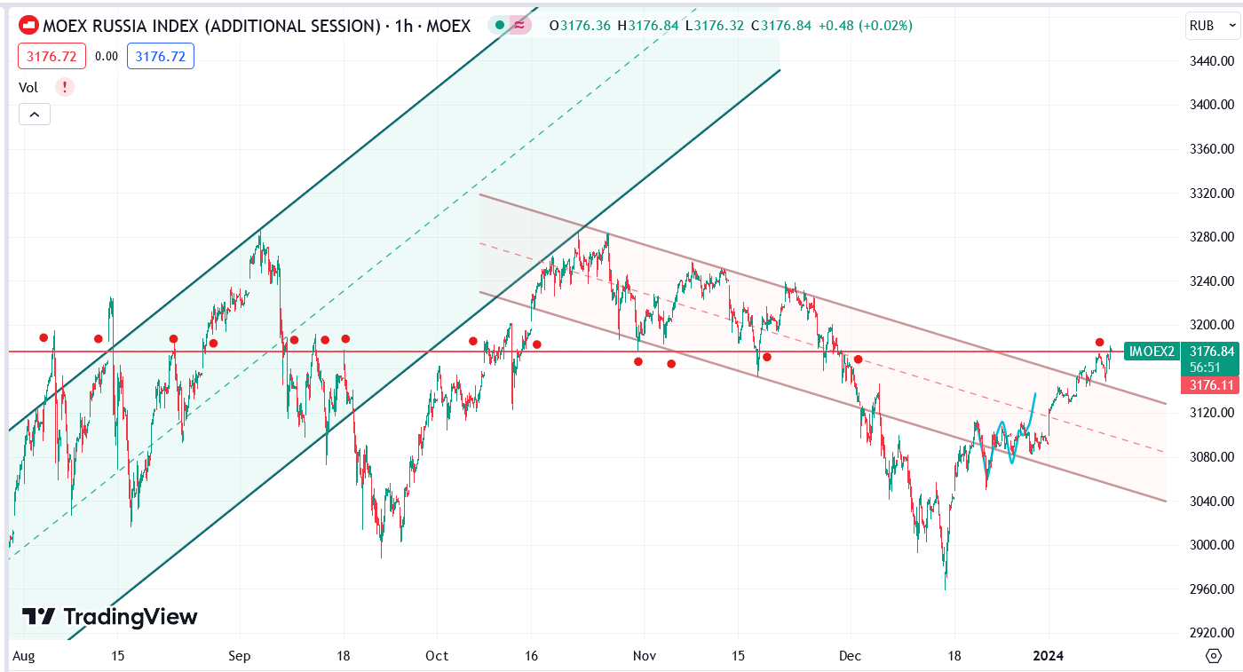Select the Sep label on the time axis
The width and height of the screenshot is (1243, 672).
[x=239, y=656]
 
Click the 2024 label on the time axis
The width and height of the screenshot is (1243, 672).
[x=1049, y=656]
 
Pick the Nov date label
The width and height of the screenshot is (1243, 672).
[x=645, y=656]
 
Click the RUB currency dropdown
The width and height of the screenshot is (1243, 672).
[x=1211, y=26]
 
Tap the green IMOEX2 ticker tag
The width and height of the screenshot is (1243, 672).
[x=1152, y=352]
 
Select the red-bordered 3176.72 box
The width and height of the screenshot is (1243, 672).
[x=51, y=57]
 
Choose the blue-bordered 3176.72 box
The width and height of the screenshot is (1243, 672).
[x=161, y=57]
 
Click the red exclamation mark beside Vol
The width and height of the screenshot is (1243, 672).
[x=64, y=87]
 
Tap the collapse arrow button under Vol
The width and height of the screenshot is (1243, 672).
[x=35, y=114]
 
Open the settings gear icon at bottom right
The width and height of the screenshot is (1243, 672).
[x=1214, y=656]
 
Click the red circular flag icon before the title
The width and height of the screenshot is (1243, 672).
[x=28, y=26]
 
